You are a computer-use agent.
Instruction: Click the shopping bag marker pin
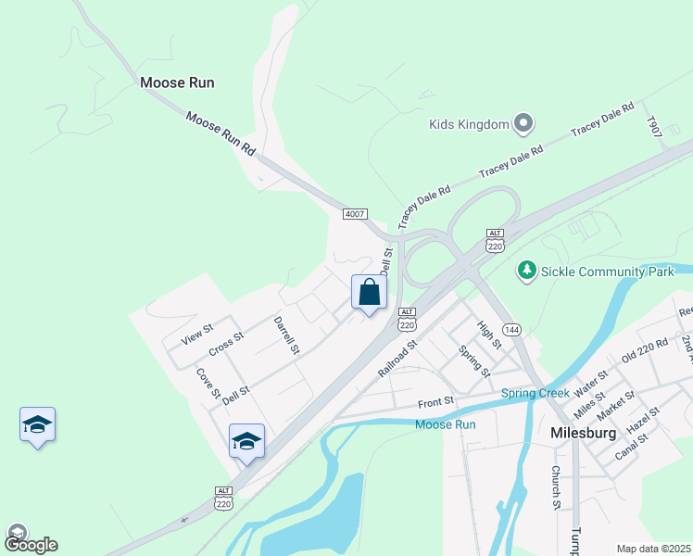point(369,293)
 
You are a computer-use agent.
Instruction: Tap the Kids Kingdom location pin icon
point(523,123)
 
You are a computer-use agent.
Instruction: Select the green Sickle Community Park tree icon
point(527,271)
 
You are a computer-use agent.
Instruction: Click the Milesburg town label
point(584,433)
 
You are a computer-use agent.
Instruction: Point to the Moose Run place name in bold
point(177,82)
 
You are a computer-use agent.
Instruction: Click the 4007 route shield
point(355,214)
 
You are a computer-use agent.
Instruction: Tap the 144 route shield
point(512,329)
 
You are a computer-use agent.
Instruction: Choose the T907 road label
point(655,128)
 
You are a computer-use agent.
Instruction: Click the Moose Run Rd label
point(220,133)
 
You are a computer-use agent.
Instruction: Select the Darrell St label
point(286,335)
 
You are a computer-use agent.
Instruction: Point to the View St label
point(197,334)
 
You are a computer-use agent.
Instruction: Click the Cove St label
point(208,385)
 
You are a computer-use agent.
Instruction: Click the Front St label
point(435,402)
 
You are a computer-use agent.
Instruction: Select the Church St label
point(556,486)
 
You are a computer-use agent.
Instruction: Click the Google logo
point(31,544)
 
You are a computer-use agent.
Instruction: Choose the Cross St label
point(225,344)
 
